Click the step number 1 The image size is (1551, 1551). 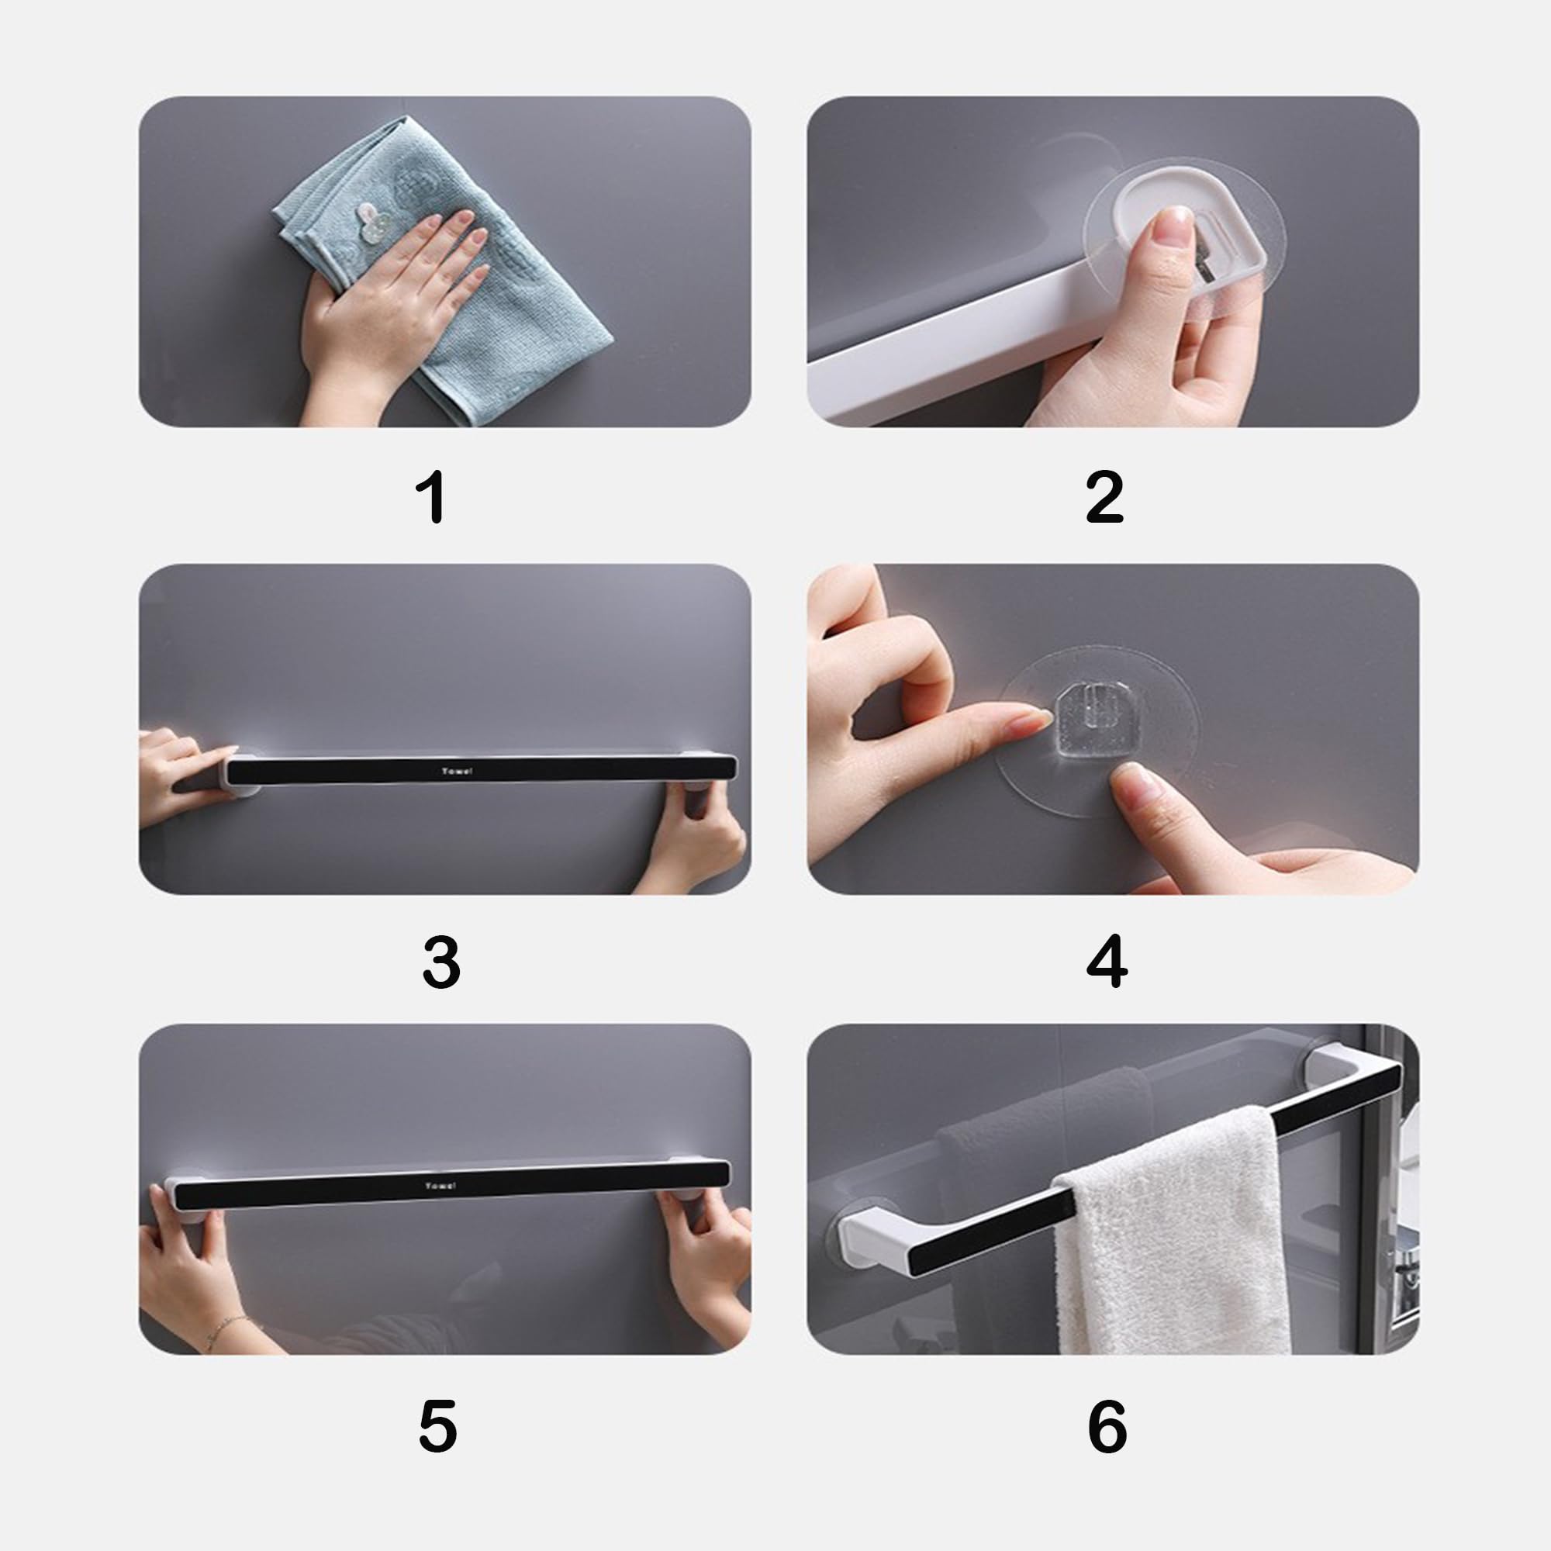(x=433, y=497)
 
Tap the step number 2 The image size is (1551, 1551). (x=1104, y=497)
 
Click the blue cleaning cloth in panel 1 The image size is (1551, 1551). (x=450, y=265)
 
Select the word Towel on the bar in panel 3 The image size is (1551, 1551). (x=457, y=772)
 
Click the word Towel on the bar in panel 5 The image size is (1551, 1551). (x=440, y=1186)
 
